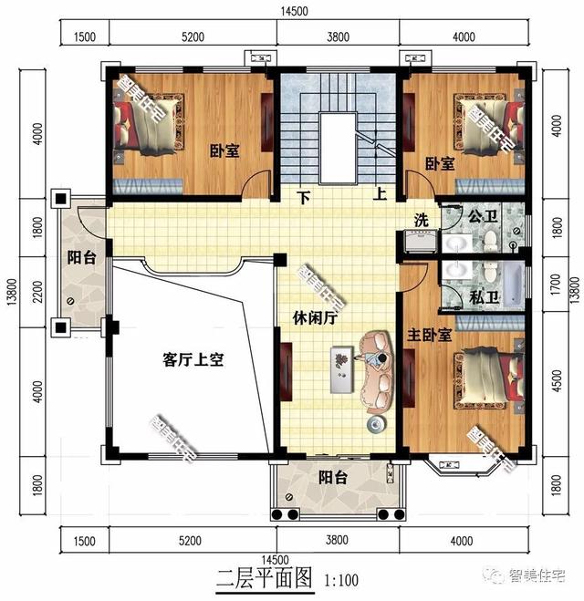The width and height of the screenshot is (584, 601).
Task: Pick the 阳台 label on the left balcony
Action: click(x=79, y=257)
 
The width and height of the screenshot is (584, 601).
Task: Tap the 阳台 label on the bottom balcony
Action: click(x=332, y=476)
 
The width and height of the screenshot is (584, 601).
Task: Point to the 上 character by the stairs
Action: click(x=379, y=194)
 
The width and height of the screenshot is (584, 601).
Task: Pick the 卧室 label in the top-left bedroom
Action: click(x=224, y=151)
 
